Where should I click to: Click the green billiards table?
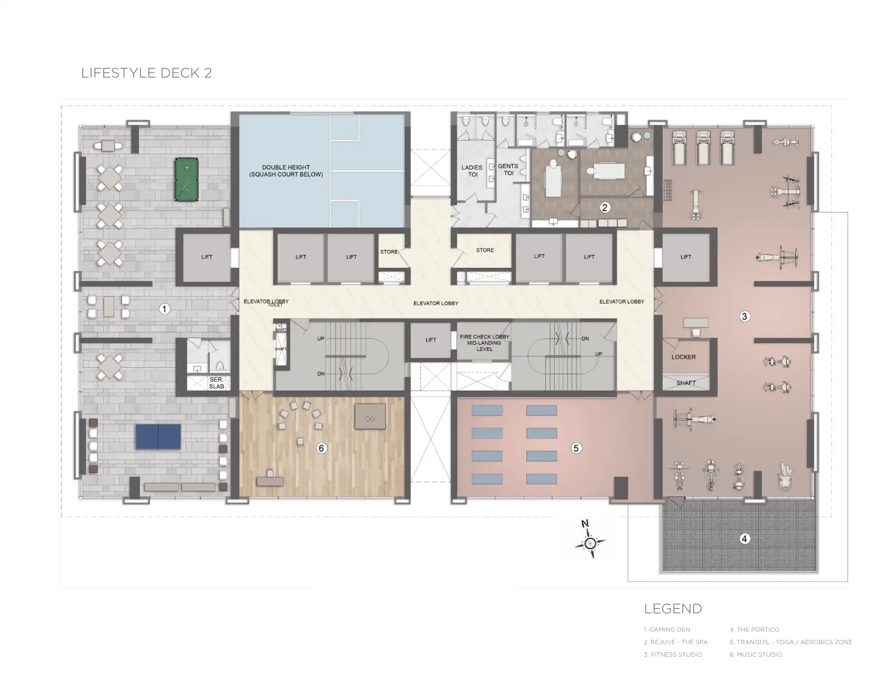(187, 179)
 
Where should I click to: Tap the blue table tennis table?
(158, 437)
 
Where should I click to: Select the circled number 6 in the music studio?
(321, 448)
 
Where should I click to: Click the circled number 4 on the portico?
(744, 538)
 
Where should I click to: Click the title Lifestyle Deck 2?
(146, 73)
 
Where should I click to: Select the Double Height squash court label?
(286, 171)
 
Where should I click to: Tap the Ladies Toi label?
(471, 171)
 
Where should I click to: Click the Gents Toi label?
(508, 170)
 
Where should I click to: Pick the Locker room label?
(683, 357)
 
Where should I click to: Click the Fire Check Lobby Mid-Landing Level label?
(484, 343)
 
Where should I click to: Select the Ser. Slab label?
(216, 383)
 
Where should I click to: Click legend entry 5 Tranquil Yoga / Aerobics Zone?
(791, 642)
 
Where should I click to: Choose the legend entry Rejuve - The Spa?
(676, 642)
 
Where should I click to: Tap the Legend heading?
(673, 608)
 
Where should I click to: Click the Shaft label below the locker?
(686, 383)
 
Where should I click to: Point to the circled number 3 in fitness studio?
(744, 316)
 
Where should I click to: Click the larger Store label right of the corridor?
(484, 250)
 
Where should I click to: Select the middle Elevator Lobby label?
(436, 303)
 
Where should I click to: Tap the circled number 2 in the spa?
(604, 208)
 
